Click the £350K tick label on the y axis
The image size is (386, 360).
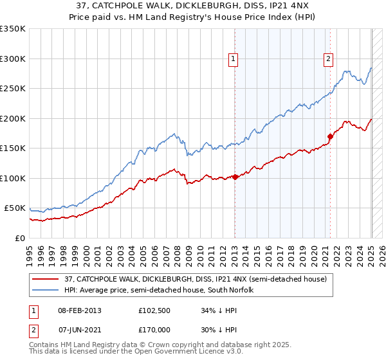pyautogui.click(x=13, y=29)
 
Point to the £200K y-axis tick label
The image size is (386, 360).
pyautogui.click(x=13, y=118)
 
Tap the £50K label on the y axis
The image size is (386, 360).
pyautogui.click(x=15, y=208)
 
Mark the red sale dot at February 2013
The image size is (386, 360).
pyautogui.click(x=235, y=177)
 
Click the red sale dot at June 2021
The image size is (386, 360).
pyautogui.click(x=330, y=136)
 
